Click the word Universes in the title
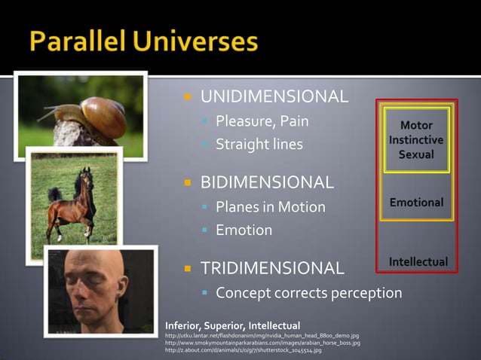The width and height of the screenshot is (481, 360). [x=198, y=43]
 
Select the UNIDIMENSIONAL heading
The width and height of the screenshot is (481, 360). [x=274, y=96]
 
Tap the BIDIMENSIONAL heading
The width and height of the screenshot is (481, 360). [x=267, y=182]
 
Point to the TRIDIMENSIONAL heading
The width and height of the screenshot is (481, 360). [x=272, y=267]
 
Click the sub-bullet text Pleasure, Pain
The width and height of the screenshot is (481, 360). [x=262, y=121]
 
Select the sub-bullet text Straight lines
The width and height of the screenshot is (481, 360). [x=259, y=145]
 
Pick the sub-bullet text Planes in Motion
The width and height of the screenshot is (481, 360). [x=270, y=206]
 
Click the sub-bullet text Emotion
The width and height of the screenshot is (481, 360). [x=244, y=230]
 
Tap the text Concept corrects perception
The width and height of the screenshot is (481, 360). [x=308, y=292]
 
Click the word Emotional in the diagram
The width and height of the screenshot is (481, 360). [x=416, y=203]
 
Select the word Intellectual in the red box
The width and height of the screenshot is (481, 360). [x=418, y=261]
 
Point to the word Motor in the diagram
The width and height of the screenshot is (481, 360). [x=416, y=125]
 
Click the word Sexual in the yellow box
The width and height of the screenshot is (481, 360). [x=416, y=154]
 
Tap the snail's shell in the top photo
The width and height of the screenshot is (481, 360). [x=103, y=117]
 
